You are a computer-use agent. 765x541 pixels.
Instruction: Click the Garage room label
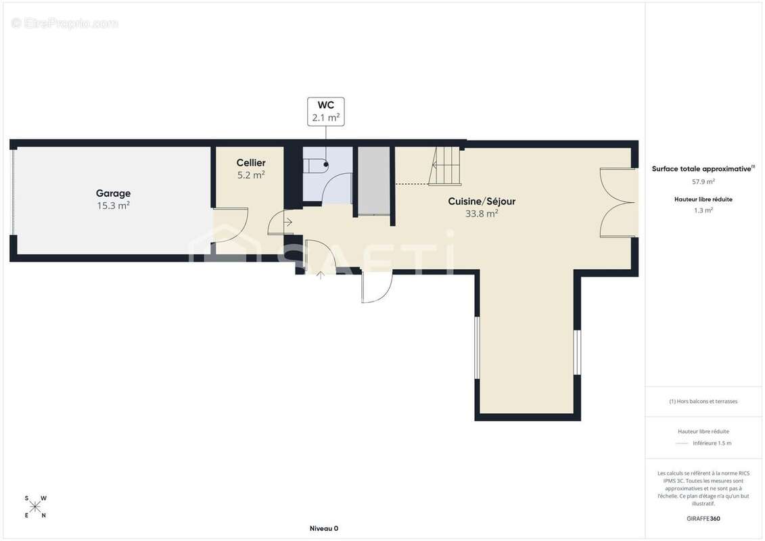point(113,193)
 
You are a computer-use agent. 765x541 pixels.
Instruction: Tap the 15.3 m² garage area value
point(113,206)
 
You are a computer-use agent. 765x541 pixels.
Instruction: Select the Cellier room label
point(251,163)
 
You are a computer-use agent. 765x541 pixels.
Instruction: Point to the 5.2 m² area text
point(251,174)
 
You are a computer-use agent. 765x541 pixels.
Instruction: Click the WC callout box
point(326,112)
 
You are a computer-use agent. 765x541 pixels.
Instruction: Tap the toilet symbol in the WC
point(316,166)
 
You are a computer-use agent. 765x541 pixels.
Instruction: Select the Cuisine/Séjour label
point(482,201)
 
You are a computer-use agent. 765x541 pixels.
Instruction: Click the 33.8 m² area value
point(482,213)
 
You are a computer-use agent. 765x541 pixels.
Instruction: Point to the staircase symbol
point(445,166)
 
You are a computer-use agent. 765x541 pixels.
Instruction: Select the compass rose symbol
point(35,507)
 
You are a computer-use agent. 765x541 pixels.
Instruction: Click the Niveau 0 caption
point(324,528)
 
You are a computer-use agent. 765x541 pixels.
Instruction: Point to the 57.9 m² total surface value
point(703,181)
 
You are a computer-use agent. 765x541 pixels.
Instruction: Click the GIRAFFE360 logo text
point(703,519)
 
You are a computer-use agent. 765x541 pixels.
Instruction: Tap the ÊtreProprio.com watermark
point(64,23)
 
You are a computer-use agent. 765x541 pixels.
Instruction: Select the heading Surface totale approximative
point(703,169)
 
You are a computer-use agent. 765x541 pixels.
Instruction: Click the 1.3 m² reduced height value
point(703,210)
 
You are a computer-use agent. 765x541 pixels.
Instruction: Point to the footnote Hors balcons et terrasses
point(703,402)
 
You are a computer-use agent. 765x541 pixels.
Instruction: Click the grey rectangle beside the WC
point(374,181)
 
